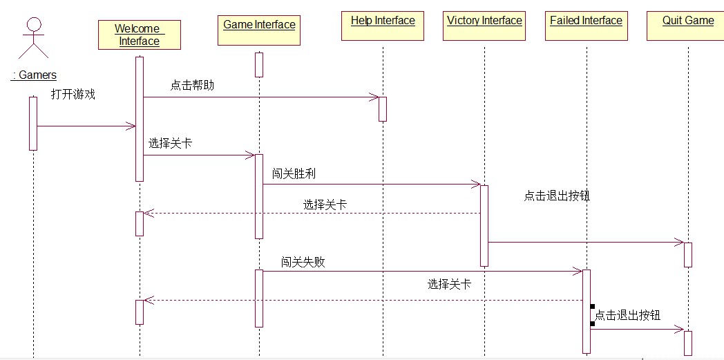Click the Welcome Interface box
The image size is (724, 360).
point(139,35)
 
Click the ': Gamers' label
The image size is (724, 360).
point(33,75)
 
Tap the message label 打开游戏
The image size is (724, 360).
point(73,95)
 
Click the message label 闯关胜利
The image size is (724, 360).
point(294,173)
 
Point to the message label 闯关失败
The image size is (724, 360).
point(303,262)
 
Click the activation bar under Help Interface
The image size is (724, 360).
point(382,108)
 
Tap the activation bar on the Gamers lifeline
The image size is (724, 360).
point(33,123)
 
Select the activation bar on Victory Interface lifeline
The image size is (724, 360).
point(484,225)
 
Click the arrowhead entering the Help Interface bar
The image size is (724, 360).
point(374,97)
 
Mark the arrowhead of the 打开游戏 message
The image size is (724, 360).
point(131,126)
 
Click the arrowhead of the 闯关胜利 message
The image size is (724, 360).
point(476,184)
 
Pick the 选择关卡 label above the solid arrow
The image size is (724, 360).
point(170,144)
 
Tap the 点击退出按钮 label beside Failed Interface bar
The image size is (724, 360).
point(627,316)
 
